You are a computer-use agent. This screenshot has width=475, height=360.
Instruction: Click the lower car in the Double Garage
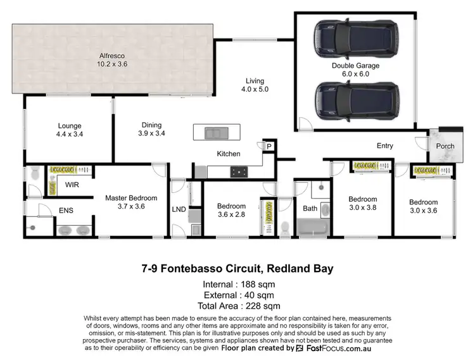click(357, 101)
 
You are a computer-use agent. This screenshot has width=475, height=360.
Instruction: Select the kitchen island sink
click(217, 133)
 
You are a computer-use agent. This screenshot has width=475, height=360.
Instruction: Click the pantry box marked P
click(268, 146)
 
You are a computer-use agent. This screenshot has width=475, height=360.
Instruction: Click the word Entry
click(385, 146)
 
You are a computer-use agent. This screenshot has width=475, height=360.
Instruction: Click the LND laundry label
click(179, 209)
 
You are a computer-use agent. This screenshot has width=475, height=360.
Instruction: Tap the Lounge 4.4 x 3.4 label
click(70, 130)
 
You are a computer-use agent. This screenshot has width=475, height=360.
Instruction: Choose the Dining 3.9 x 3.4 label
click(151, 129)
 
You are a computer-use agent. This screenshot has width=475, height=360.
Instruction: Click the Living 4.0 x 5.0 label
click(255, 85)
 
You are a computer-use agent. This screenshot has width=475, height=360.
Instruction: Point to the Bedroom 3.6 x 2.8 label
click(231, 210)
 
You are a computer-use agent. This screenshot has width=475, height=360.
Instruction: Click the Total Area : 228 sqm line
click(237, 306)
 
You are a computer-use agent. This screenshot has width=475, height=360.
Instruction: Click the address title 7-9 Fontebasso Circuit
click(237, 269)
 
